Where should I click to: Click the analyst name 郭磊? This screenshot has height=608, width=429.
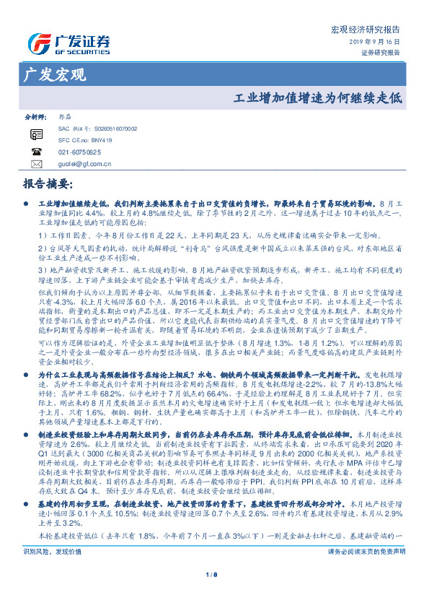[64, 116]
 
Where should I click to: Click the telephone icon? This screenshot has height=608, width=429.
[36, 152]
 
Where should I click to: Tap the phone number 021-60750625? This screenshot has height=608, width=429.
[79, 152]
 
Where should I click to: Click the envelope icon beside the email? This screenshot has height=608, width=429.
[36, 165]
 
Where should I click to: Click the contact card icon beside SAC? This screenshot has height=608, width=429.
[36, 134]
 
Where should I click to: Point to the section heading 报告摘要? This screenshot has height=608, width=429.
[48, 183]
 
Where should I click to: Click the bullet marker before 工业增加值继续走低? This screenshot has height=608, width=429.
[27, 206]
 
